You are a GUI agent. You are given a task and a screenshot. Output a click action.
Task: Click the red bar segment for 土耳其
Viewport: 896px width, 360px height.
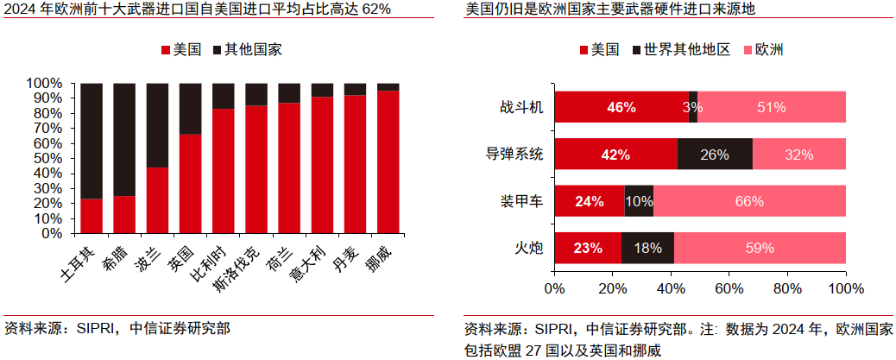[x=91, y=216]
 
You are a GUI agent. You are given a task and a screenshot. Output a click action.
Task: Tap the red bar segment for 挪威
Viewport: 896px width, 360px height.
[x=388, y=161]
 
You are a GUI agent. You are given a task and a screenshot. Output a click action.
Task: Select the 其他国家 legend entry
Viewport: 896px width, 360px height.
[x=246, y=50]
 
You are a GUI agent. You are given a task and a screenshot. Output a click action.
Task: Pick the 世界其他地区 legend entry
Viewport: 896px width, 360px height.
[x=682, y=50]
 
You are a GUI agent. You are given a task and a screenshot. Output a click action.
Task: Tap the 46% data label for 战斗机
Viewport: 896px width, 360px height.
[x=622, y=107]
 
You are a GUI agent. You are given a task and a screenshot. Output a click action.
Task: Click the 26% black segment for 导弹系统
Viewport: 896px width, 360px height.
[x=715, y=155]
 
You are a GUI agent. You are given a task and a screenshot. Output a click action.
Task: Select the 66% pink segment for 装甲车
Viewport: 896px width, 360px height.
[x=749, y=201]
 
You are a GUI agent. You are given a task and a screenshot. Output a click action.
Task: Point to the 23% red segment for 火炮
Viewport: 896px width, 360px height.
[x=588, y=248]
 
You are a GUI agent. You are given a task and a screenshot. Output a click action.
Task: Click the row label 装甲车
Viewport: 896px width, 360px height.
[x=521, y=201]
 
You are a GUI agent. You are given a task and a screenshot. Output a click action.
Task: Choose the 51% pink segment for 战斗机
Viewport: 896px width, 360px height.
[x=771, y=107]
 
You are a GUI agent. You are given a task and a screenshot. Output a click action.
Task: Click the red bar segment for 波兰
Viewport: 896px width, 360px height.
[x=157, y=199]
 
